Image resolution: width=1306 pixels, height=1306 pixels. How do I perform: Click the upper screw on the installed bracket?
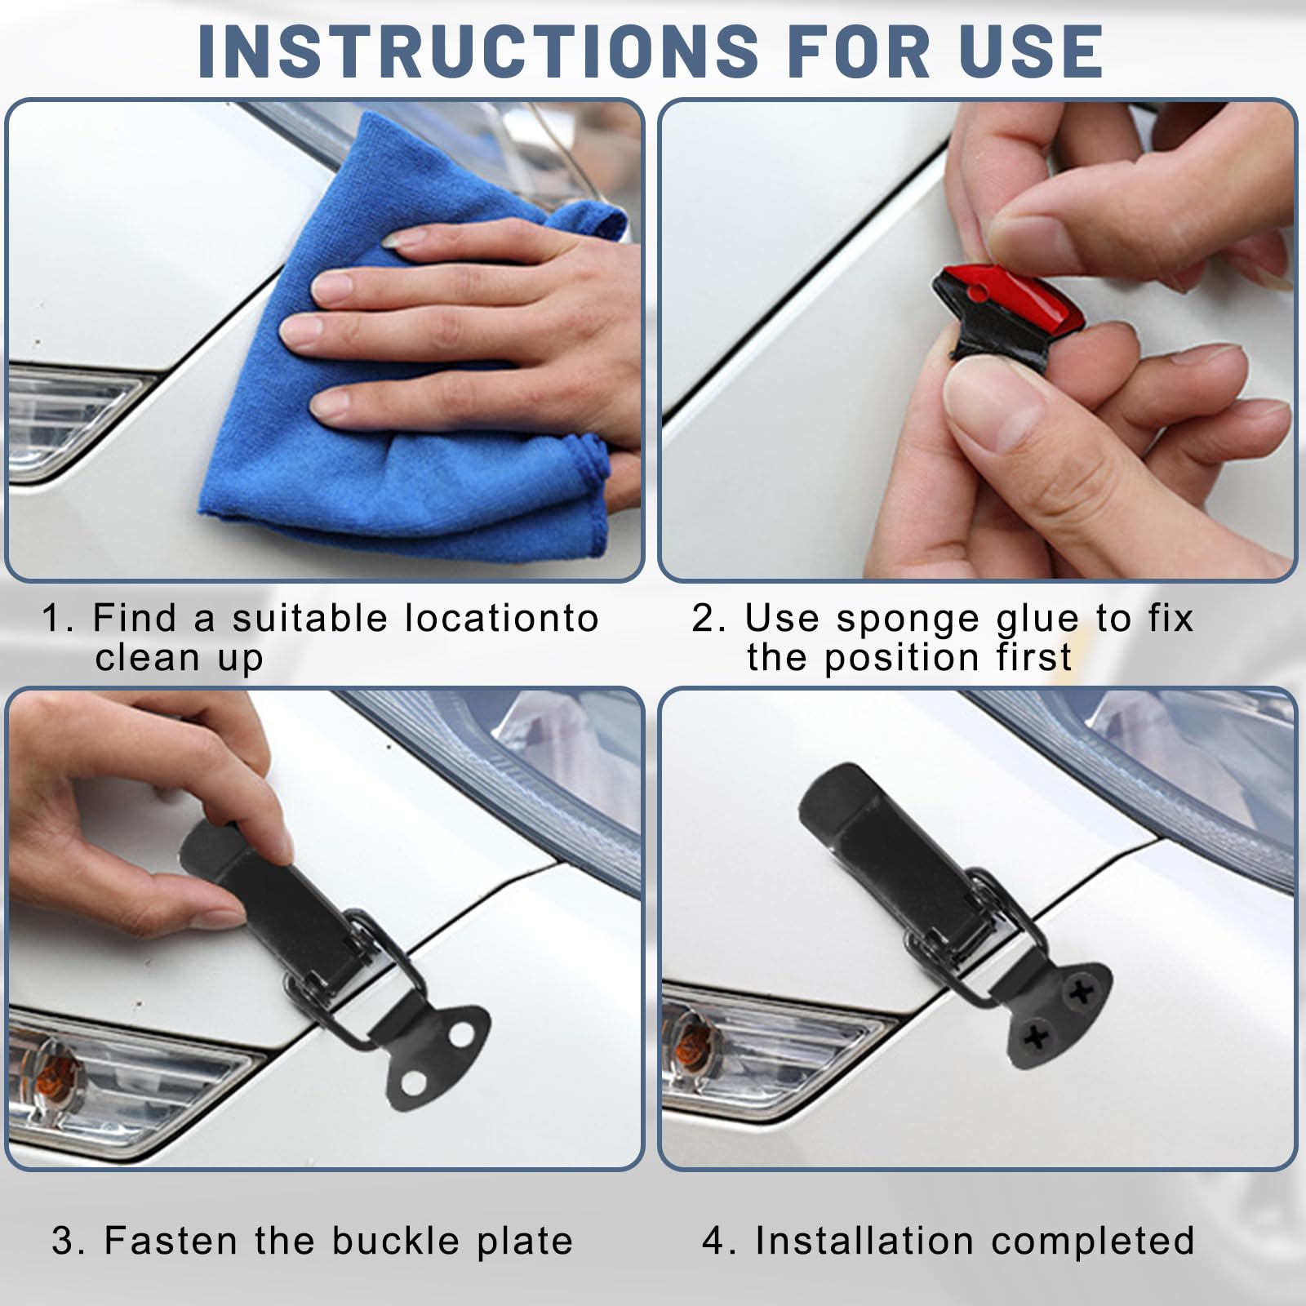pos(1082,992)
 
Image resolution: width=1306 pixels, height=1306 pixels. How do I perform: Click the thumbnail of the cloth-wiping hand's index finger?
pos(402,238)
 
